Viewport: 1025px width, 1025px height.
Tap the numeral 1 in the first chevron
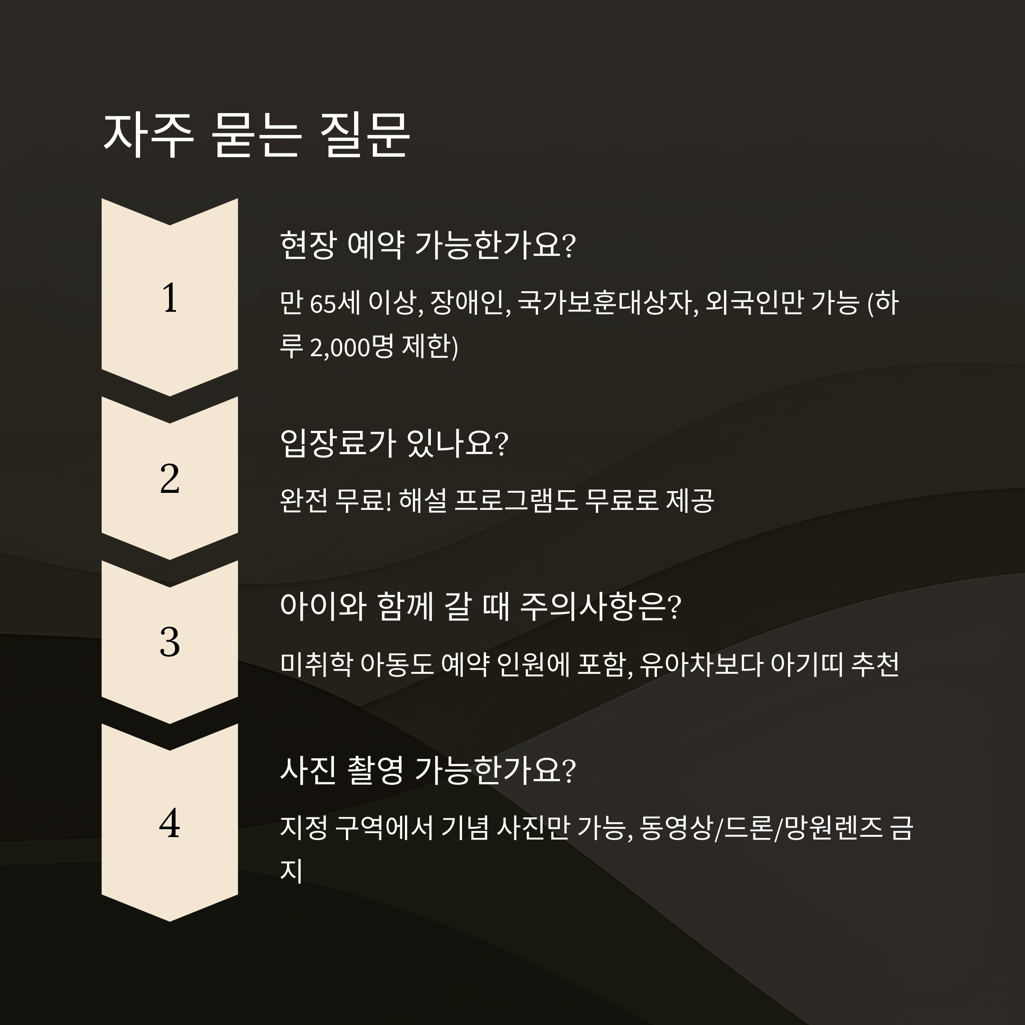pos(170,298)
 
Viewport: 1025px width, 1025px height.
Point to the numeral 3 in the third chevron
pos(170,642)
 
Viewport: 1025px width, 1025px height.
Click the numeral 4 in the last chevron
pos(170,824)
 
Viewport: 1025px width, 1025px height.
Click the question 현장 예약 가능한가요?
pos(427,245)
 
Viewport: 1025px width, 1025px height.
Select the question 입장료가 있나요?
pos(394,444)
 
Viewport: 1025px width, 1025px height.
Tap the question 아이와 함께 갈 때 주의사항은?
pos(480,607)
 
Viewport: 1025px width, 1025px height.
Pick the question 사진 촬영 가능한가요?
pos(427,770)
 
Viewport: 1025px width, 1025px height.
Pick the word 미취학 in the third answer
pos(316,664)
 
